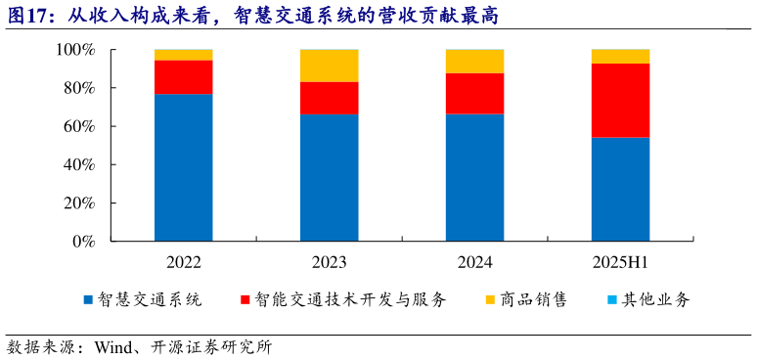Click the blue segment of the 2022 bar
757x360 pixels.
(183, 167)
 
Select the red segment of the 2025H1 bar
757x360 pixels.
(620, 100)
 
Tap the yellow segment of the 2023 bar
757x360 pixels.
(329, 66)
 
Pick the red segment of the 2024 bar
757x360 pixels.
(474, 94)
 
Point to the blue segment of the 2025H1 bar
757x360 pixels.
(620, 189)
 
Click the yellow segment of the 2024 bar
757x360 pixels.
(474, 62)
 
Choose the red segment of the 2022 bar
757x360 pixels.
(183, 77)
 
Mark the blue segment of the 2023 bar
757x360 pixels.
(329, 178)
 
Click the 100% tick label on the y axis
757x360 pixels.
(75, 50)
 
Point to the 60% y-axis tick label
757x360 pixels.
(79, 126)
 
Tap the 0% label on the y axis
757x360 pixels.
(83, 242)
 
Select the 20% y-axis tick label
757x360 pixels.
(79, 203)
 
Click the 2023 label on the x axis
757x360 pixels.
(329, 262)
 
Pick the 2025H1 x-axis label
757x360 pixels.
(620, 262)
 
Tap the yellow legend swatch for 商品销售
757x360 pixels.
(490, 300)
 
